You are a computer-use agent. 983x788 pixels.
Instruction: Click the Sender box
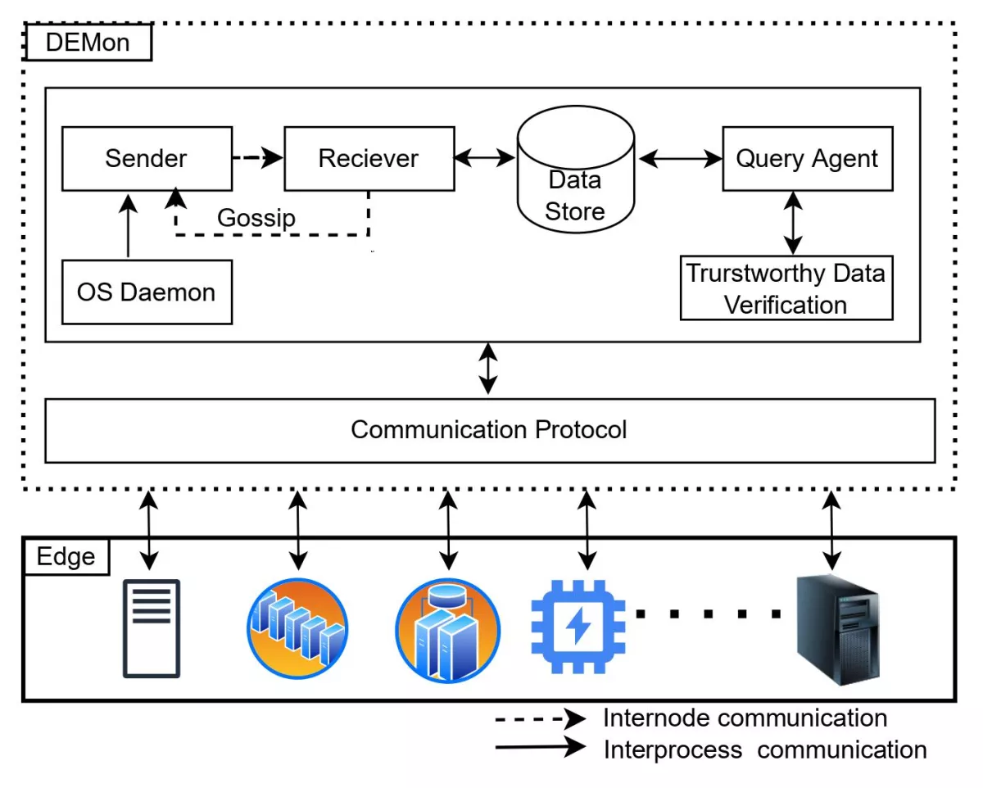point(147,158)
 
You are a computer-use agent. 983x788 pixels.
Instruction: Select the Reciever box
point(369,158)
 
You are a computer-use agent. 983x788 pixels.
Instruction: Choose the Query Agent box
point(807,158)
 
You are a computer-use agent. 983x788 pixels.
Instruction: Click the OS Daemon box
point(147,292)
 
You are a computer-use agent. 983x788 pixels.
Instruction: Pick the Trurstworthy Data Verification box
point(786,288)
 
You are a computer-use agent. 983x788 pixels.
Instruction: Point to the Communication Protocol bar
point(489,430)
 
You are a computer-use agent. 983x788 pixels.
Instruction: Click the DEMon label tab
point(88,43)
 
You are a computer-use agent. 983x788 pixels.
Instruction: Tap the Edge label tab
point(66,557)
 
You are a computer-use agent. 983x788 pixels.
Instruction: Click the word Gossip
point(256,219)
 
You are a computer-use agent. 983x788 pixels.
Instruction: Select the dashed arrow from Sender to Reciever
point(257,158)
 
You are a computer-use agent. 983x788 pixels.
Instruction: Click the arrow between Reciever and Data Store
point(485,158)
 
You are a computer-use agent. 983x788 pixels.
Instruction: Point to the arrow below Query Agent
point(791,222)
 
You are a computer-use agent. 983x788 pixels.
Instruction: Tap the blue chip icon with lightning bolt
point(578,627)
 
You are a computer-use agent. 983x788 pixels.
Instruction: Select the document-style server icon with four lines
point(152,628)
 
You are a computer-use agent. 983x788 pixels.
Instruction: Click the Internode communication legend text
point(745,718)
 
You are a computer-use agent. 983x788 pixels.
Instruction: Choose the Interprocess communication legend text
point(764,749)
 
